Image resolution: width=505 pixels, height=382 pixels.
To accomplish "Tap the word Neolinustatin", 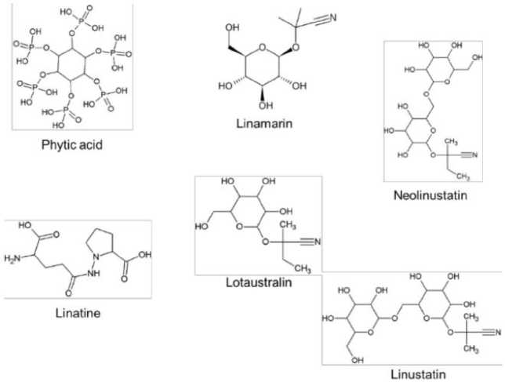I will coord(430,195).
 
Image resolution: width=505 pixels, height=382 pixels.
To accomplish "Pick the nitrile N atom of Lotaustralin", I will coord(316,241).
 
